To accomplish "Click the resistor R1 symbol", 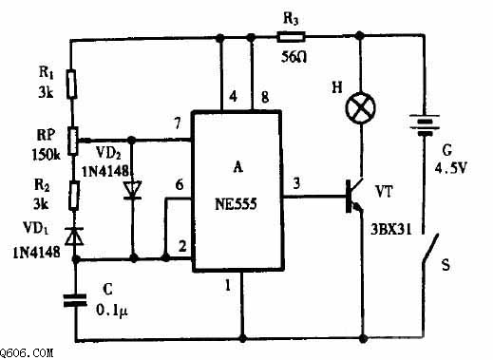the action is point(71,84).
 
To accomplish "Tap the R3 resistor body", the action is point(291,37).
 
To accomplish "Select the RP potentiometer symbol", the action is point(73,141).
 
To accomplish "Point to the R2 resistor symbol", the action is point(74,196).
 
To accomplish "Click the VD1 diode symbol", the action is point(74,237).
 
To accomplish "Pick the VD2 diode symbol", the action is point(132,191).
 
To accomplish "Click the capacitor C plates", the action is point(75,300).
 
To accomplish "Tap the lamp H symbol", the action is point(360,108).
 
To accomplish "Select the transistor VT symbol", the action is point(354,197).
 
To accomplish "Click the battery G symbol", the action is point(425,125).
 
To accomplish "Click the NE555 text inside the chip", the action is point(236,204).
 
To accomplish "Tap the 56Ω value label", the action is point(294,57).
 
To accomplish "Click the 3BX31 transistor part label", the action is point(391,230).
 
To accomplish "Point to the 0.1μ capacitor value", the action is point(112,311).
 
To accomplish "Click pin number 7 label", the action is point(178,123).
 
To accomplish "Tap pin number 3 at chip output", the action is point(296,183).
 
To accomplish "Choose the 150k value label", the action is point(47,155).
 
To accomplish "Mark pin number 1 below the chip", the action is point(227,286).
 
